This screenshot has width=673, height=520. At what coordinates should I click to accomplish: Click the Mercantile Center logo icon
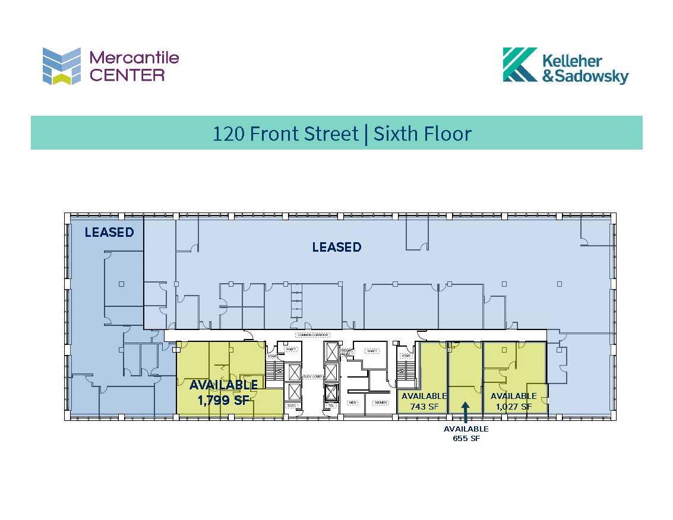click(x=61, y=66)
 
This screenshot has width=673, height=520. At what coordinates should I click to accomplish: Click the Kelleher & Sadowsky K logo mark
click(x=520, y=64)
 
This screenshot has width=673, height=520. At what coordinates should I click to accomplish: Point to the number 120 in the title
click(x=228, y=133)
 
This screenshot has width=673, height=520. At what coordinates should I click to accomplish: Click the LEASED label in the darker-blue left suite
click(x=109, y=232)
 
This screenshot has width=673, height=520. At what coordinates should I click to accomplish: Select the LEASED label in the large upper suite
click(x=336, y=247)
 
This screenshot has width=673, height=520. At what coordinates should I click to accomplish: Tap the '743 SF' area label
click(x=424, y=407)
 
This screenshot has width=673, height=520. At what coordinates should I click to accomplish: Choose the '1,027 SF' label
click(x=513, y=407)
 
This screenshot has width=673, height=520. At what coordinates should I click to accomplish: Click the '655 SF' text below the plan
click(x=466, y=439)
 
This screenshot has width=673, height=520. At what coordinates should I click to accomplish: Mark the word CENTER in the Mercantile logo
click(x=127, y=75)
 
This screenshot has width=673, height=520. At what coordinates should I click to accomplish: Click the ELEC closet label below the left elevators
click(x=291, y=405)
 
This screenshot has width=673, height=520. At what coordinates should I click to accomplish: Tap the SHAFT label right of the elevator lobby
click(x=372, y=351)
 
